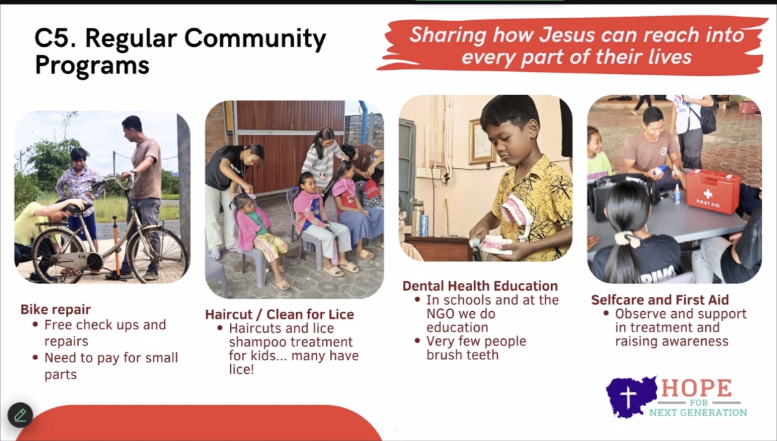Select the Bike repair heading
(55, 309)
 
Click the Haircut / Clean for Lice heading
(279, 314)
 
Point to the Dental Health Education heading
(480, 286)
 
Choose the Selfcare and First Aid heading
(660, 300)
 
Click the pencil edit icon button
(20, 415)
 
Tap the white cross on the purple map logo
(628, 397)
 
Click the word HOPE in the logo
(697, 388)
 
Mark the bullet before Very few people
(417, 341)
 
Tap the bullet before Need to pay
(35, 358)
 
